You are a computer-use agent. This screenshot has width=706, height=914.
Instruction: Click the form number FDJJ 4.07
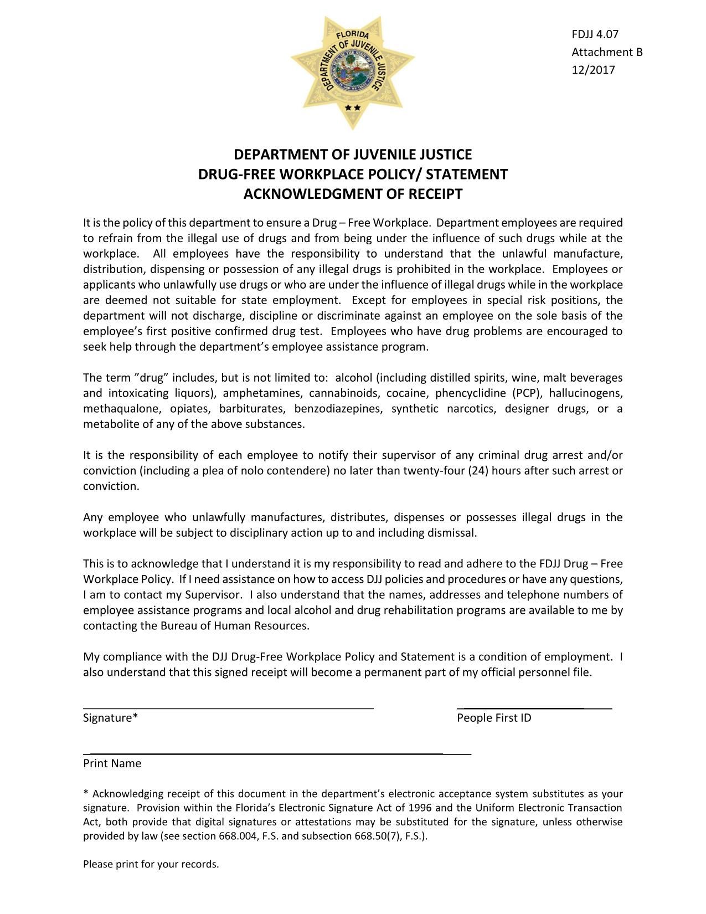[x=595, y=34]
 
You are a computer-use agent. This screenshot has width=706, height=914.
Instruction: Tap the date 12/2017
[x=593, y=70]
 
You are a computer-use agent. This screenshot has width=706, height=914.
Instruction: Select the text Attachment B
[x=607, y=52]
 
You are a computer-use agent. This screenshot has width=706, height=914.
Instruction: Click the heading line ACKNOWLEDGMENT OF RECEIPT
[x=353, y=194]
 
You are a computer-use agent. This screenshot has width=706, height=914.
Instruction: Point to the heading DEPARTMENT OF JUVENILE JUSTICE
[x=353, y=155]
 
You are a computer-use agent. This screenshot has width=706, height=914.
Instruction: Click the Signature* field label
[x=110, y=718]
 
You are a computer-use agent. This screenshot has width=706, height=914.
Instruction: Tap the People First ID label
[x=494, y=718]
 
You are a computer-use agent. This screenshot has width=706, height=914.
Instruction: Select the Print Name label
[x=112, y=764]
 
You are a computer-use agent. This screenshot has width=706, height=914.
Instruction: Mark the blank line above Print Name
[x=277, y=753]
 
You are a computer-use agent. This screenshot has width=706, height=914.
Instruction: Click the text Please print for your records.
[x=151, y=864]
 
